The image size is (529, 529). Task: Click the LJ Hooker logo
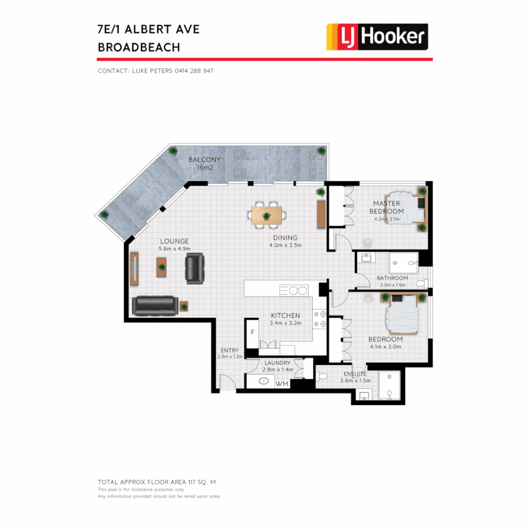[x=377, y=37]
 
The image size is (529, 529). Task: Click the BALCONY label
[x=205, y=160]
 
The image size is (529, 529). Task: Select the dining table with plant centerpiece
[x=266, y=216]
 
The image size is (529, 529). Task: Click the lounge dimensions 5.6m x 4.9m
[x=173, y=249]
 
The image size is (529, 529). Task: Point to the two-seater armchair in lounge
[x=194, y=267]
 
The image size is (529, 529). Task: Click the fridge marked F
[x=252, y=332]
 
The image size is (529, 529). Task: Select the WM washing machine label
[x=282, y=384]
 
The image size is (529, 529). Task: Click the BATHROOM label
[x=392, y=278]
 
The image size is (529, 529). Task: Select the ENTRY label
[x=230, y=350]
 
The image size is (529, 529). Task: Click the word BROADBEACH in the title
[x=139, y=48]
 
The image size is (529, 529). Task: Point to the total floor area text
[x=157, y=482]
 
